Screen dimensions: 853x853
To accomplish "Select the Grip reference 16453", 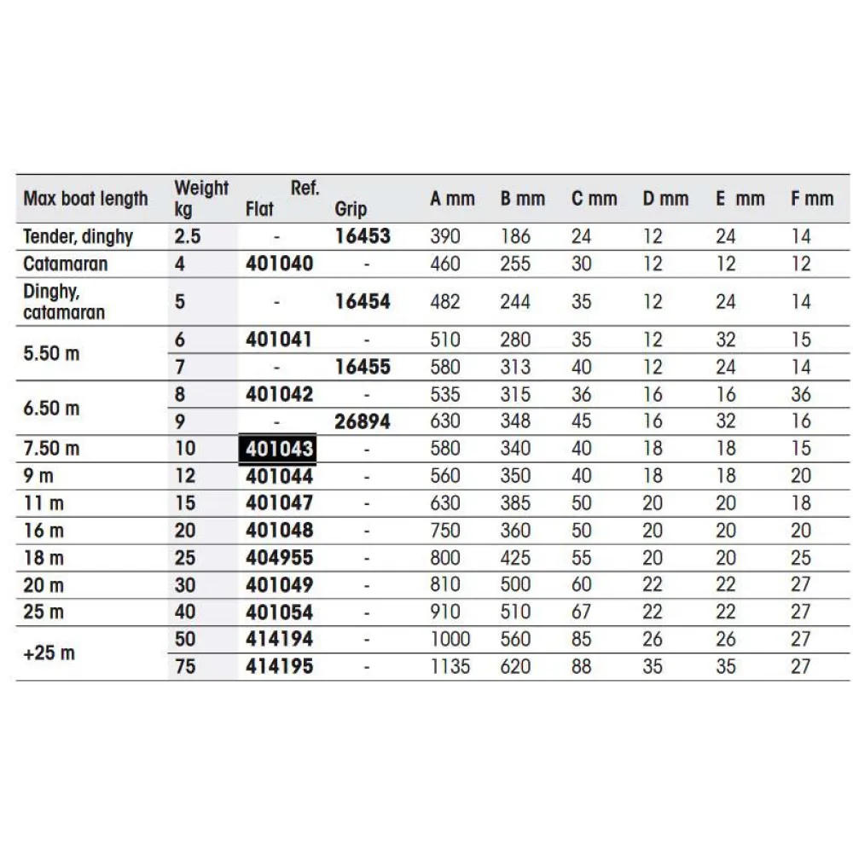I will coord(363,236).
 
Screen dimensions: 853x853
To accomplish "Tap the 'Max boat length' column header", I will coord(85,200).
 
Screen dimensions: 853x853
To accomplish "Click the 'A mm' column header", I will coord(452,200).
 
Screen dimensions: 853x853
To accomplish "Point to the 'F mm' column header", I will coord(811,200).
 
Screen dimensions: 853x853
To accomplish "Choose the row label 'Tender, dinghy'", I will coord(78,236).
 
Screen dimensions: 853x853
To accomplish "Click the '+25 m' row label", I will coord(50,653).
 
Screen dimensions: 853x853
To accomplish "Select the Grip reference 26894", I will coord(363,421).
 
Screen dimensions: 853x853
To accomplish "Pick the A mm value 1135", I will coord(450,666).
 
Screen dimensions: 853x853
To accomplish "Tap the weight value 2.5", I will coord(189,236).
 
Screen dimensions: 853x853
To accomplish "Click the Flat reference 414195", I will coord(280,666).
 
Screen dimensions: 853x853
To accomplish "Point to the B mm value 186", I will coord(515,236).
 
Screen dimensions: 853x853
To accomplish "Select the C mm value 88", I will coord(582,666).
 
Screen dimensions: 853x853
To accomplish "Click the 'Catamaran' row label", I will coord(66,264).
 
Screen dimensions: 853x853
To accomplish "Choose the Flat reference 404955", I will coord(280,558).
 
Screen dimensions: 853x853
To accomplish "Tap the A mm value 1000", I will coord(450,639).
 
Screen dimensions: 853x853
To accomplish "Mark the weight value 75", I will coord(185,666).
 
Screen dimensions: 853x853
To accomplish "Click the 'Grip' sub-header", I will coord(351,209).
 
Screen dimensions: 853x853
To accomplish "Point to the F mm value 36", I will coord(800,394).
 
